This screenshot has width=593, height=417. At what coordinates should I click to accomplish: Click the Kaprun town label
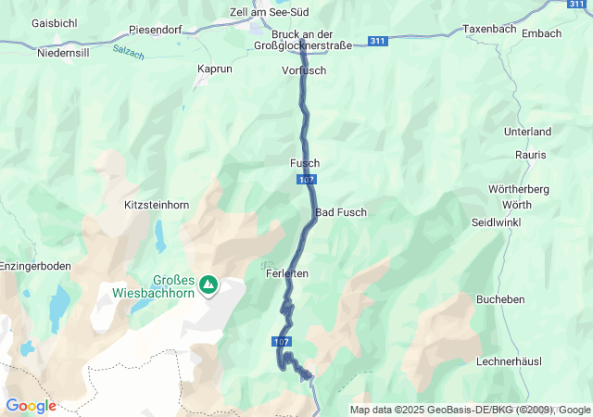(215, 69)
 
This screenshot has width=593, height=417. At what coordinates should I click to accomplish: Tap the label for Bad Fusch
(341, 212)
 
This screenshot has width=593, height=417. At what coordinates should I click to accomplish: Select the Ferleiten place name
(286, 273)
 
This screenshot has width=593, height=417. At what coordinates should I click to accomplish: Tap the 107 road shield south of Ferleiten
(283, 341)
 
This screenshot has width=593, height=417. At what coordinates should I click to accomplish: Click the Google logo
(31, 406)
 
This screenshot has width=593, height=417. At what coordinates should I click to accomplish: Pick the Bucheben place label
(526, 299)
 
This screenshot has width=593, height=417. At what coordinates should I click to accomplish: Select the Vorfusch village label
(304, 70)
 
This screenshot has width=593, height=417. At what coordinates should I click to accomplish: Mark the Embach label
(542, 33)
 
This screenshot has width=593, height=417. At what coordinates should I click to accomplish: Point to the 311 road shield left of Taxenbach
(377, 42)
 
